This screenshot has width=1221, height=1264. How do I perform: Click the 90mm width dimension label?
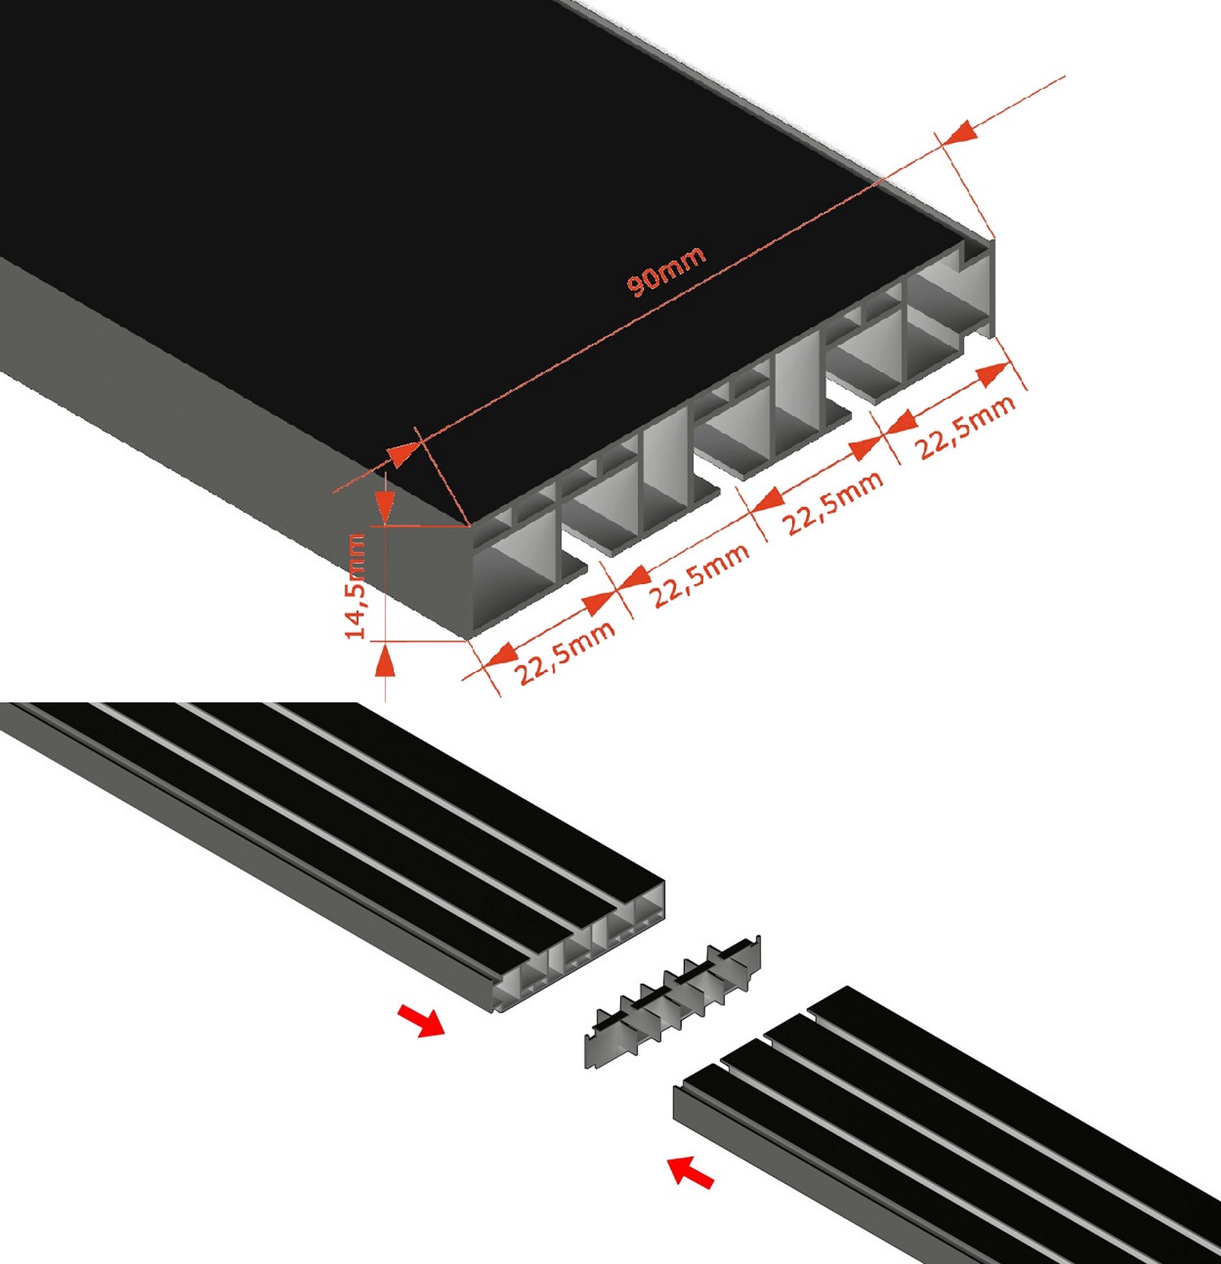pos(666,271)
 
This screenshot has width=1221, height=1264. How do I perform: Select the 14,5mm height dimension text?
pos(357,585)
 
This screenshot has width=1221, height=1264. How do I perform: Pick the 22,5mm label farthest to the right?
pos(967,426)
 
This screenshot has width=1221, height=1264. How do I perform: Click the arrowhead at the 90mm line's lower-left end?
pos(405,454)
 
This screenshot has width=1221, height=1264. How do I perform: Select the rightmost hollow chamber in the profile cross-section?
pos(947,303)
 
